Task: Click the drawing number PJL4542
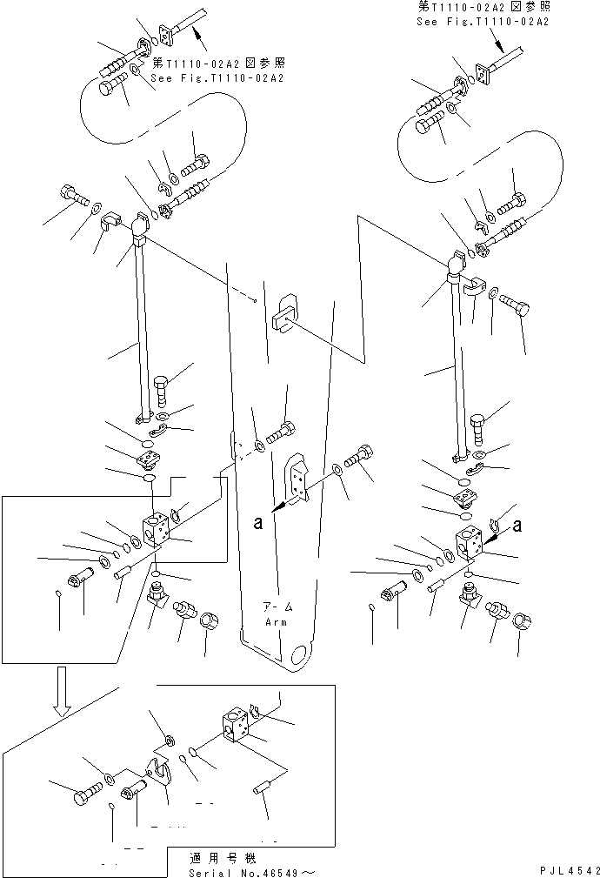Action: (570, 871)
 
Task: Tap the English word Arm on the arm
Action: (276, 622)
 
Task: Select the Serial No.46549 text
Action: (252, 873)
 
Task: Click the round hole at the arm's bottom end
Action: (301, 654)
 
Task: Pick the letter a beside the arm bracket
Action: (257, 522)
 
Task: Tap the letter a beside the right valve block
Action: (517, 526)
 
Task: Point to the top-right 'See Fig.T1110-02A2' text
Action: (483, 21)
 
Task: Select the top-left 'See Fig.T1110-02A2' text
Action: (217, 77)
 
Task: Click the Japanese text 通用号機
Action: (223, 858)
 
